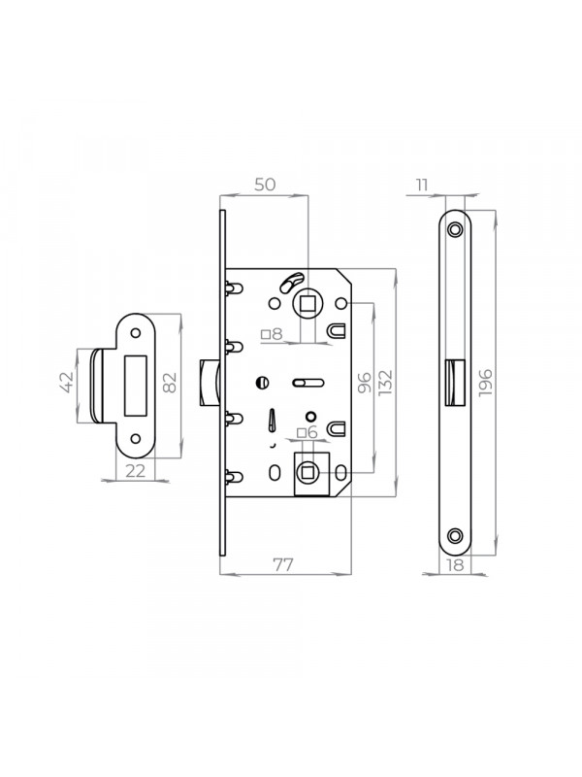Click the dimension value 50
pyautogui.click(x=265, y=185)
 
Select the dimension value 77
pyautogui.click(x=283, y=564)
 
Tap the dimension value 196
pyautogui.click(x=486, y=382)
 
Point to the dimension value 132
pyautogui.click(x=384, y=383)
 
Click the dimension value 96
pyautogui.click(x=365, y=383)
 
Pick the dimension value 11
pyautogui.click(x=422, y=186)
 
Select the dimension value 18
pyautogui.click(x=455, y=565)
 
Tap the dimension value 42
pyautogui.click(x=66, y=382)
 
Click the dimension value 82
pyautogui.click(x=169, y=382)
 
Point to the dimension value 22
pyautogui.click(x=135, y=471)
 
